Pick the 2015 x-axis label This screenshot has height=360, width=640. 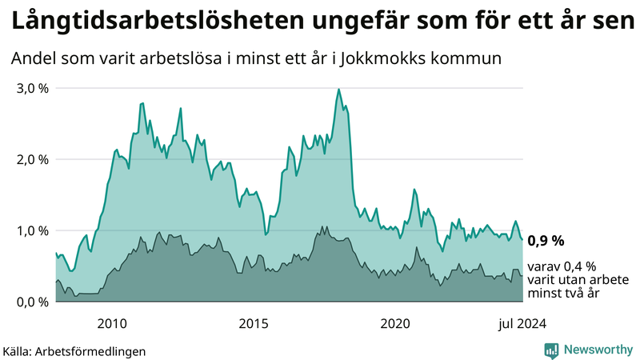click(x=254, y=323)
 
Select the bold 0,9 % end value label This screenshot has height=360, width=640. click(x=546, y=240)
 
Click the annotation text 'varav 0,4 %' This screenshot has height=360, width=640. click(x=562, y=266)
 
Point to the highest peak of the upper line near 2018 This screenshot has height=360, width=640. click(x=338, y=89)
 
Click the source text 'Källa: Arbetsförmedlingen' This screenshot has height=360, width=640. click(x=74, y=350)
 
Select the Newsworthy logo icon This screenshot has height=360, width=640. click(x=551, y=350)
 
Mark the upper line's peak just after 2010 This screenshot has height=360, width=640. click(x=142, y=103)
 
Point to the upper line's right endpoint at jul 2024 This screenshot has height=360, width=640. click(x=522, y=239)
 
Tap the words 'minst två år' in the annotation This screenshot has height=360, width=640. click(x=563, y=294)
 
